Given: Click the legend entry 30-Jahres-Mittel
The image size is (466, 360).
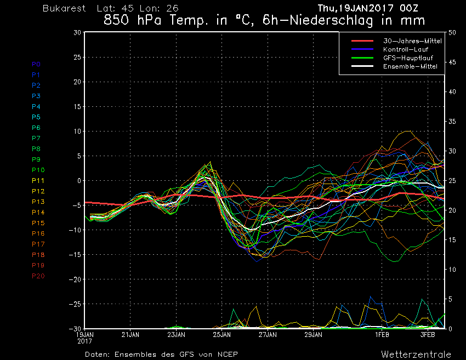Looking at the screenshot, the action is coord(412,41).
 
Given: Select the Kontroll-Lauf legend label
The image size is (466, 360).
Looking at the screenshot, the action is coord(406,49).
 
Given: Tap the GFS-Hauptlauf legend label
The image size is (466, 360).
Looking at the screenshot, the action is coord(408,58).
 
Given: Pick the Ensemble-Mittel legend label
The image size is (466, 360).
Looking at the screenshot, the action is coord(410,66).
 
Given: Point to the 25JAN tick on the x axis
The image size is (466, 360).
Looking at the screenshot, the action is coord(221,335).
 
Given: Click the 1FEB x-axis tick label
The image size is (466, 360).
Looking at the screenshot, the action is coord(382,335).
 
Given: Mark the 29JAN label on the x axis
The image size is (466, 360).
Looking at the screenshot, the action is coord(313,335).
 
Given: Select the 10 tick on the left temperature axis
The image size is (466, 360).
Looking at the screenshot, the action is coord(77,132).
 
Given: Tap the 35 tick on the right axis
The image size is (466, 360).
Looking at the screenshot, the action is coord(452,122).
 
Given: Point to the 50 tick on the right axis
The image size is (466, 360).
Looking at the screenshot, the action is coord(452,33).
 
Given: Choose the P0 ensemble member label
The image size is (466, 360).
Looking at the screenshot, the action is coord(36,64).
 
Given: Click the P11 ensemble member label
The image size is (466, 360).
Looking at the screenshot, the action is coord(38,181).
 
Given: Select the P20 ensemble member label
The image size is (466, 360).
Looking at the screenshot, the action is coord(38,276).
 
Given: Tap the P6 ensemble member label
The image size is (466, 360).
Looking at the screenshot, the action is coord(36,128).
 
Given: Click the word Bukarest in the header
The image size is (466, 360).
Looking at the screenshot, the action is coord(64,8).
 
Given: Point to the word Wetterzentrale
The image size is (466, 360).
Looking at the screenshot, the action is coord(416,355).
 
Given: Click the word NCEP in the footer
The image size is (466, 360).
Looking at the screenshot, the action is coord(228,355).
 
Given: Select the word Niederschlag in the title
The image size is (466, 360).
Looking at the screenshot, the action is coord(331,20).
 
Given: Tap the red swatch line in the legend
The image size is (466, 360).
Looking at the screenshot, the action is coord(362,41).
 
